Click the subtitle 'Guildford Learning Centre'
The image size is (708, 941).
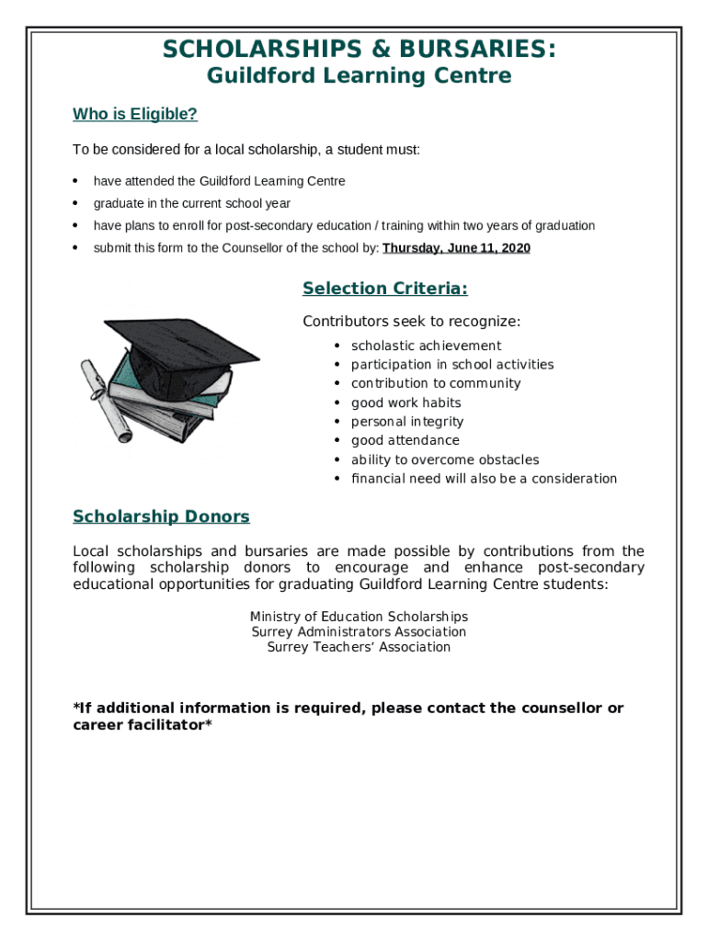coord(359,76)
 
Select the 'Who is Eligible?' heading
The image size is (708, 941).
coord(135,115)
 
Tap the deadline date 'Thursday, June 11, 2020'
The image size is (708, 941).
coord(456,248)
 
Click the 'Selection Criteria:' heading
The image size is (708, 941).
coord(384,289)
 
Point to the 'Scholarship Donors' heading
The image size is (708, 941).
coord(161,516)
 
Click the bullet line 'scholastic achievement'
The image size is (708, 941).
coord(426,346)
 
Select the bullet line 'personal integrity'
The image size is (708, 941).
coord(406,422)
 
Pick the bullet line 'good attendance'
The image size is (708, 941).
coord(405,440)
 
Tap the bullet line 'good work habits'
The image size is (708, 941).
coord(405,402)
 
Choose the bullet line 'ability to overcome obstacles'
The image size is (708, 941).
coord(445,459)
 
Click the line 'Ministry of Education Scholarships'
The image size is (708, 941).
coord(359,617)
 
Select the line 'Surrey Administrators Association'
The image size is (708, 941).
coord(359,632)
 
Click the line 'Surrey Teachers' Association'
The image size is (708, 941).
coord(359,647)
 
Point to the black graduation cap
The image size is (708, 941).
coord(184,345)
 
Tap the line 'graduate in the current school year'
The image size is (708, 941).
coord(191,203)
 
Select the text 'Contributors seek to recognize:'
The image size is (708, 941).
coord(411,322)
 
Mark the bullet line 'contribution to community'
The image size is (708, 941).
coord(436,383)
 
